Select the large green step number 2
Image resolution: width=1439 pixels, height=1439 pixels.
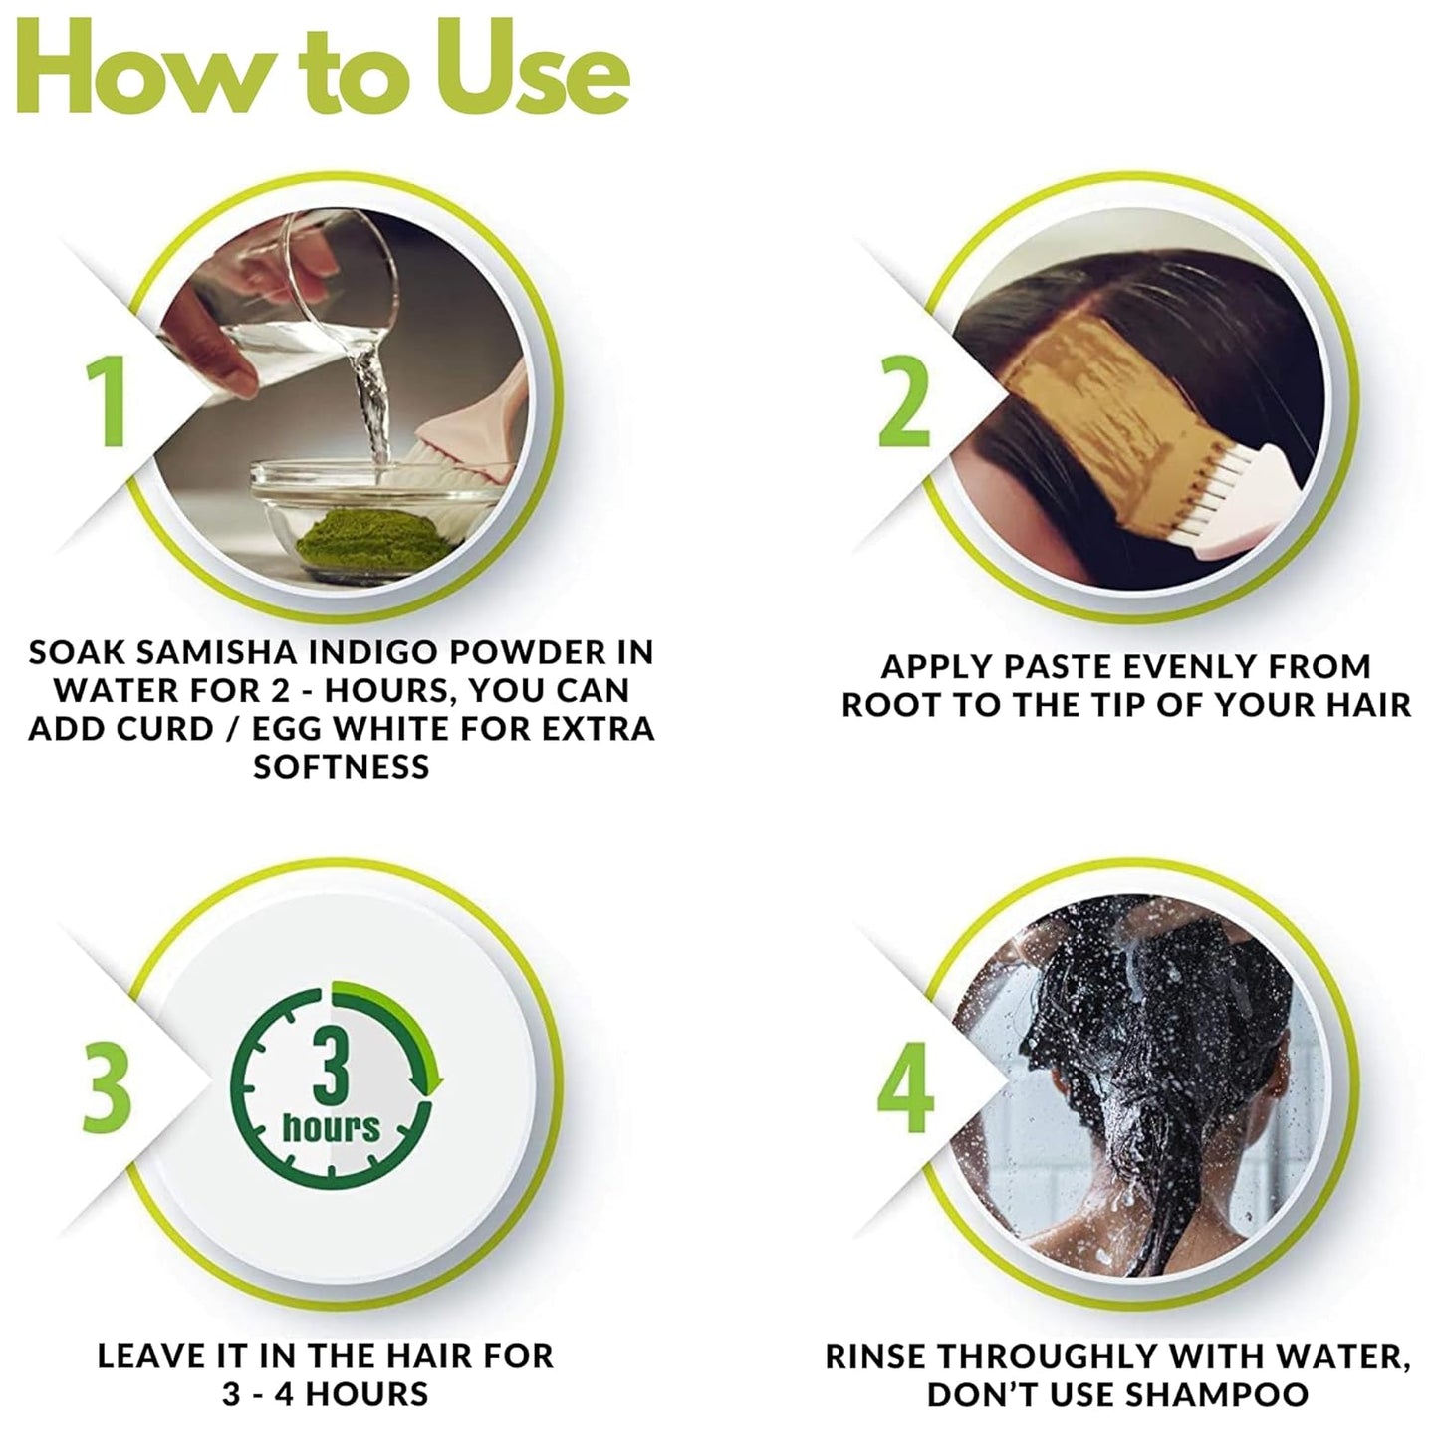(905, 400)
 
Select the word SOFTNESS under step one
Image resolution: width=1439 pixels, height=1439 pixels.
(342, 766)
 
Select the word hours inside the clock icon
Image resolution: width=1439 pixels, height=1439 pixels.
(331, 1127)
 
